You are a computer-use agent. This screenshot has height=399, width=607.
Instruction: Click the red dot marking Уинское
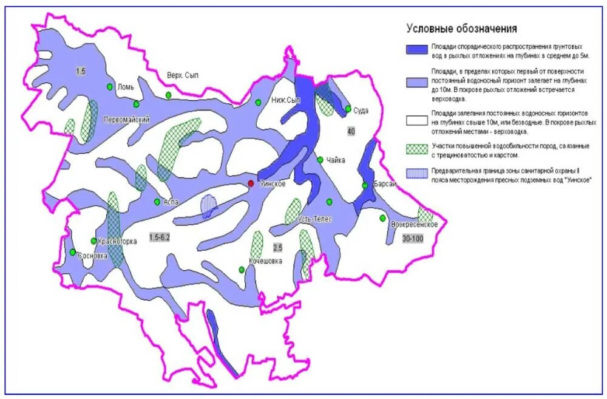pos(250,183)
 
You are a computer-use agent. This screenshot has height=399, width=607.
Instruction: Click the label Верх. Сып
pos(183,75)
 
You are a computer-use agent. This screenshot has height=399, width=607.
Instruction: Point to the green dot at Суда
pos(348,109)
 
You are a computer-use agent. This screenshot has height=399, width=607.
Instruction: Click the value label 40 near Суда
pos(351,131)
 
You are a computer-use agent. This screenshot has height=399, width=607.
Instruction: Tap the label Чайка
pos(336,160)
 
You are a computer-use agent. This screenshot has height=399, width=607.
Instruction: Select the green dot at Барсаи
pos(365,186)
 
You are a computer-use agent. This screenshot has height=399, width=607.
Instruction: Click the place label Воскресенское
pos(415,225)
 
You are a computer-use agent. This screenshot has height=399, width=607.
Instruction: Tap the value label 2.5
pos(278,248)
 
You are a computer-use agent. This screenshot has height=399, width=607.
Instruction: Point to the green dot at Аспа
pos(157,202)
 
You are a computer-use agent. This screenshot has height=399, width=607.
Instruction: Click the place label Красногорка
pos(117,241)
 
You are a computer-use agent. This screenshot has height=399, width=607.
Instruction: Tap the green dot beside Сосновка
pos(72,252)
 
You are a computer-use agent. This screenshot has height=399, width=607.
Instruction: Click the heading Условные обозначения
pos(461,29)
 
